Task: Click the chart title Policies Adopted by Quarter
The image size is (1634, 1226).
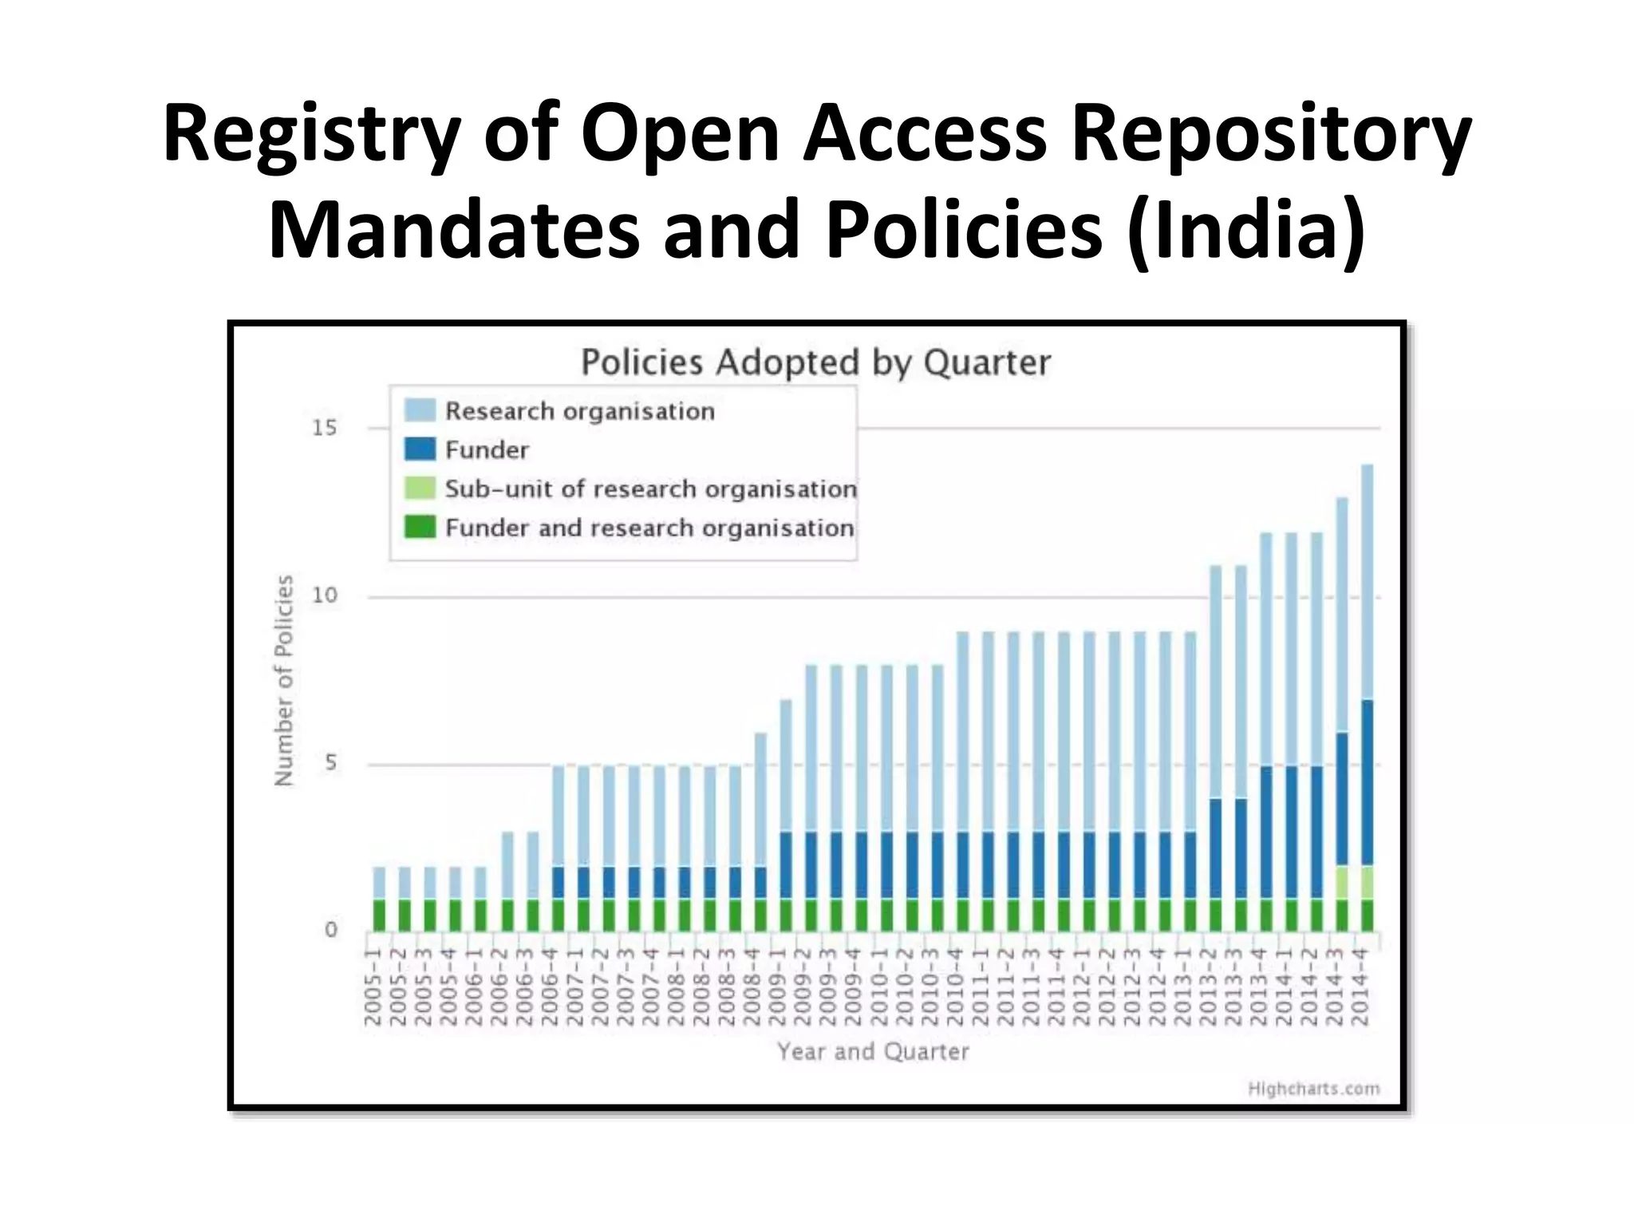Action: [x=815, y=362]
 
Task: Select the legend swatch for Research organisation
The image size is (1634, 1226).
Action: [x=420, y=410]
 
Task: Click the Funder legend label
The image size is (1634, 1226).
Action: [x=487, y=450]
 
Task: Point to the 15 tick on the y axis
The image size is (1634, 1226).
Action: [x=325, y=429]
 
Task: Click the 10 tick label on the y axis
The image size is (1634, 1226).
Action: [x=325, y=595]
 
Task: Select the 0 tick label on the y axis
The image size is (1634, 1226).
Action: [x=330, y=930]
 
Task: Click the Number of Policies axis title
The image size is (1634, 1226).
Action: [x=284, y=680]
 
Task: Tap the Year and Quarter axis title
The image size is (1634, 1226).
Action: [x=873, y=1051]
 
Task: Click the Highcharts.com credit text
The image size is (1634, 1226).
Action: [x=1313, y=1089]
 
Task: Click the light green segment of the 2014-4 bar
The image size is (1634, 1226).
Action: [x=1367, y=882]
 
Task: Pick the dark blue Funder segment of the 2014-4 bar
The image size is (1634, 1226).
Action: [x=1367, y=782]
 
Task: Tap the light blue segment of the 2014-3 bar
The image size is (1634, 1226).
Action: [x=1342, y=615]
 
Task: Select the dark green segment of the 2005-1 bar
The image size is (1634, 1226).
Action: [x=379, y=915]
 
